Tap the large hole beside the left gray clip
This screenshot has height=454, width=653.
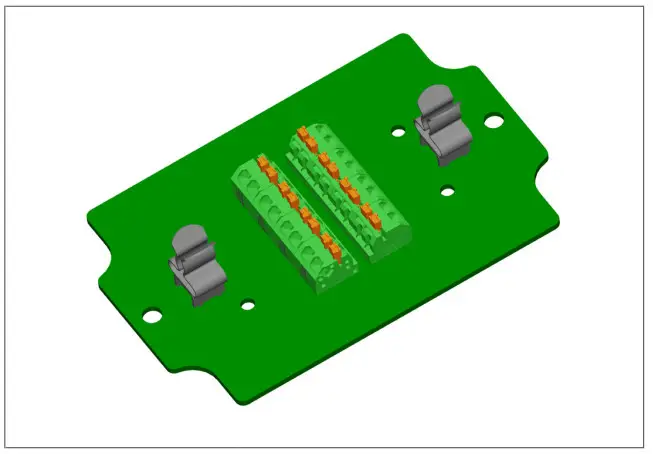[152, 315]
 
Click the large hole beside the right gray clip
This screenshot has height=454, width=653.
[494, 121]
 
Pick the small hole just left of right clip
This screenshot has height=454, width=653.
[398, 132]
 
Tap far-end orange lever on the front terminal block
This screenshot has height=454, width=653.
[262, 161]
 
